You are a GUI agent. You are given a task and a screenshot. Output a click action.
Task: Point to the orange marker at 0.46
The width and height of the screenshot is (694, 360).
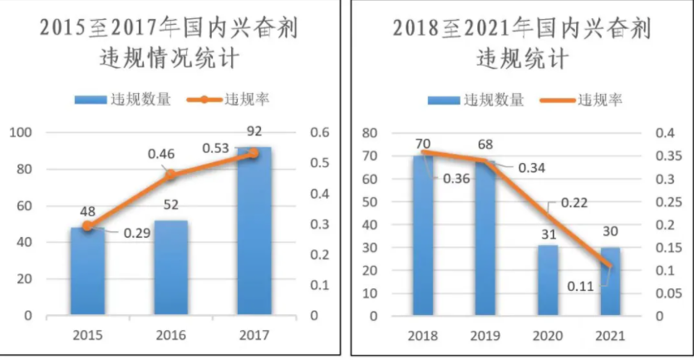(171, 175)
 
